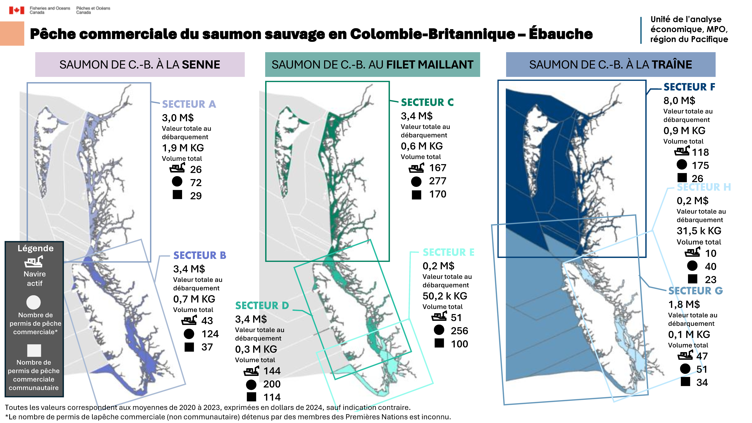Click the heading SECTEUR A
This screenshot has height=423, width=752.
point(189,104)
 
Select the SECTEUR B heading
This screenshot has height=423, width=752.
point(200,255)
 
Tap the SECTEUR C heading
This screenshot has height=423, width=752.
point(427,102)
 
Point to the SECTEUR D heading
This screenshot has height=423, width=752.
point(262,306)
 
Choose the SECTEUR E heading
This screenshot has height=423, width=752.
point(448,252)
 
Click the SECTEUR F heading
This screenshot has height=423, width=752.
point(689,87)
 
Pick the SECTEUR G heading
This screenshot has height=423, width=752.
point(695,291)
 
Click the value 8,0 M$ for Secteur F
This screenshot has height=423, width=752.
point(679,101)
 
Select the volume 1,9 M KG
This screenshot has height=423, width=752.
point(183,148)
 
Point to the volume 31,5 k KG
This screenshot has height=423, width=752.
point(699,231)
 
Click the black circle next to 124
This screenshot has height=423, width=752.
point(189,334)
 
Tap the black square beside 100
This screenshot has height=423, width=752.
point(439,343)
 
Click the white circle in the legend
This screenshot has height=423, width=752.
point(34,302)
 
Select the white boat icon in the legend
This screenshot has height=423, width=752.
point(34,262)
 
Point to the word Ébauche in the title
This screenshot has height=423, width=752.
point(561,34)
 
